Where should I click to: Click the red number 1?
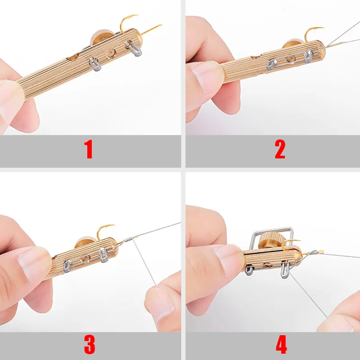click(89, 150)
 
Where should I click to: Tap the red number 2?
click(280, 150)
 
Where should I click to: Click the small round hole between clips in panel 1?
click(108, 55)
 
